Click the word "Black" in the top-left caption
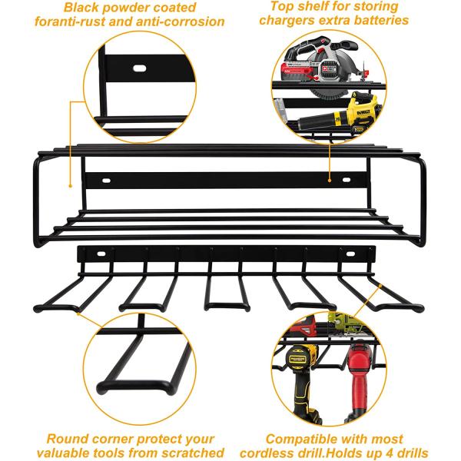coord(83,8)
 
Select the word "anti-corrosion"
coord(180,22)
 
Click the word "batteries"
coord(382,21)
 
